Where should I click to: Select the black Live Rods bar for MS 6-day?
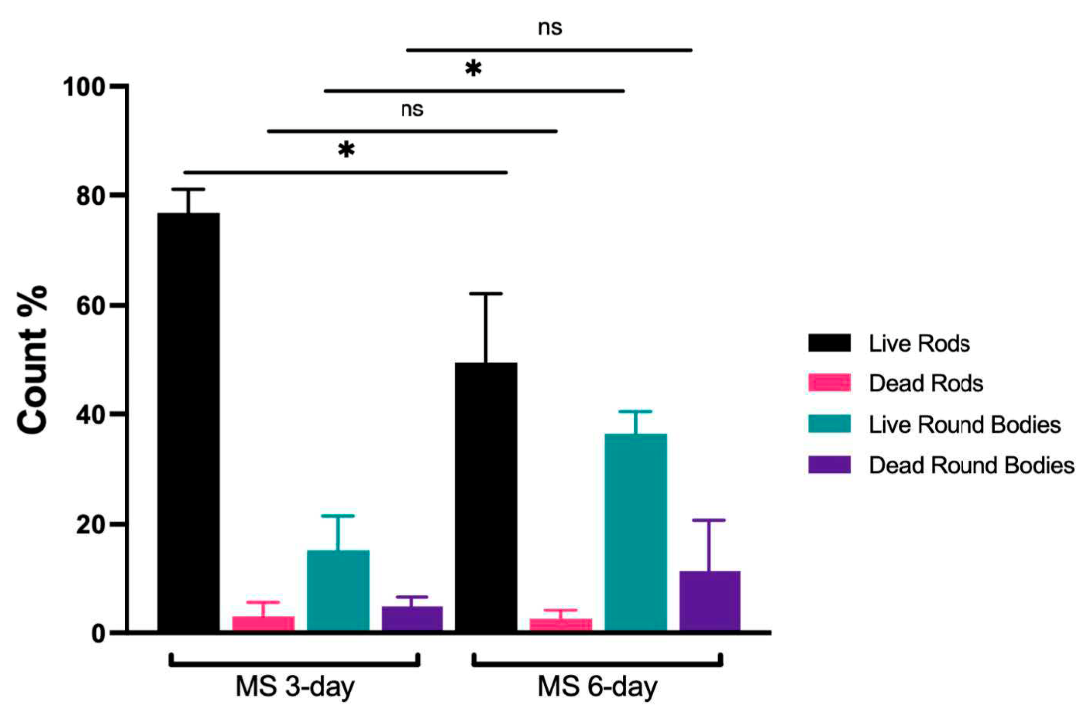[x=486, y=497]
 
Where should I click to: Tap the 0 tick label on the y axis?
[x=98, y=634]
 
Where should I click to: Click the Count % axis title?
[x=33, y=360]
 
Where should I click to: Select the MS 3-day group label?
[x=295, y=686]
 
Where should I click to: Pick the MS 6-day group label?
[x=597, y=686]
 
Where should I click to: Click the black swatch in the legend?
[x=829, y=343]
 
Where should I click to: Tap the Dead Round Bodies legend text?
[x=971, y=465]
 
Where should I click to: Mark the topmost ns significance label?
[x=550, y=28]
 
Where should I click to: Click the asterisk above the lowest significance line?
[x=346, y=150]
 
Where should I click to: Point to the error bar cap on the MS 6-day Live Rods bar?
[x=486, y=294]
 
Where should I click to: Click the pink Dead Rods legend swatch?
[x=829, y=382]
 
